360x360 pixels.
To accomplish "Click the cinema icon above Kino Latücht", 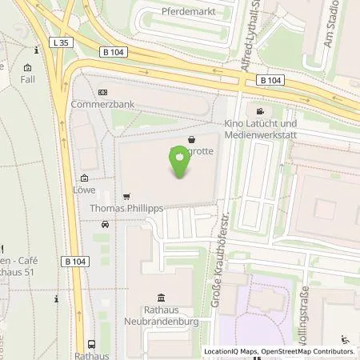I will click(260, 111).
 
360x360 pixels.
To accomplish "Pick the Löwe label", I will click(83, 190).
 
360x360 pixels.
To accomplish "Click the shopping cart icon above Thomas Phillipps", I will click(126, 196).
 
